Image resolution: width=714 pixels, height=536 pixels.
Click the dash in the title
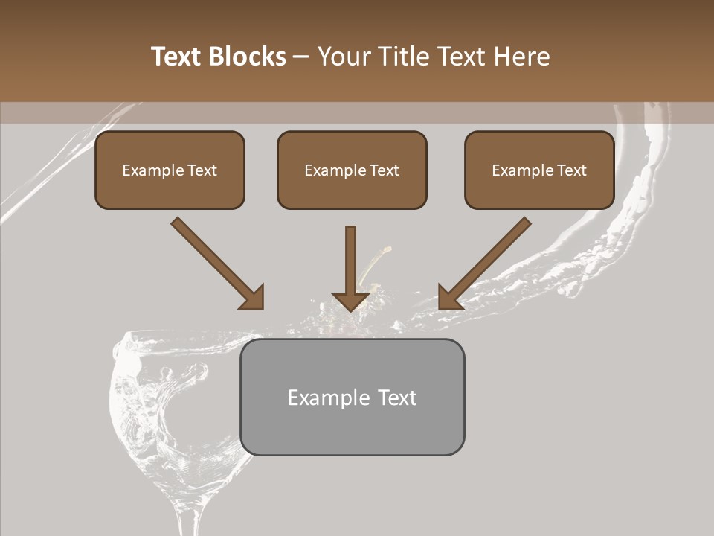[x=301, y=57]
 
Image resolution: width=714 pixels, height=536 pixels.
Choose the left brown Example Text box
[x=170, y=170]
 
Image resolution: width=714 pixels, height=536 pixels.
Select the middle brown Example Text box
[x=352, y=170]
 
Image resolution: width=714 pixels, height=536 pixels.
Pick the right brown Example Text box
[x=539, y=170]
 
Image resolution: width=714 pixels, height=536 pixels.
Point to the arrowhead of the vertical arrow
[x=351, y=301]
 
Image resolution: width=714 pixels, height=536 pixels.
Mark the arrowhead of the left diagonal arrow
[x=253, y=298]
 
